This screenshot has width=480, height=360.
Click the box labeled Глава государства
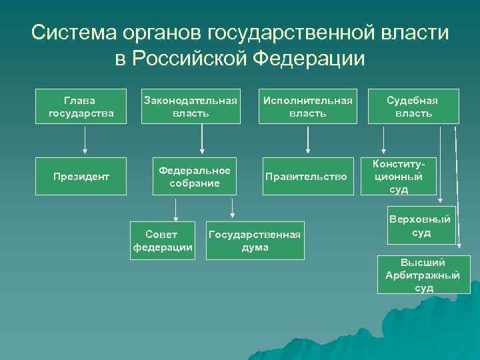[81, 106]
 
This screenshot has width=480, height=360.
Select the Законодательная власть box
[191, 106]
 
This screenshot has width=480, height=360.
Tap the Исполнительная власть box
[307, 106]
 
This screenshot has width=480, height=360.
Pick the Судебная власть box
[413, 106]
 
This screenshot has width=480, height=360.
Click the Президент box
[81, 177]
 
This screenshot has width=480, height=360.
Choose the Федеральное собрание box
[195, 177]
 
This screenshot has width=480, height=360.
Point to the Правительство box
[306, 177]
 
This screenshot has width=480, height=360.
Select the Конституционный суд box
[399, 177]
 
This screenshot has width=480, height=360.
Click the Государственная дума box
[255, 241]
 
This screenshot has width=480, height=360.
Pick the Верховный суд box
[421, 227]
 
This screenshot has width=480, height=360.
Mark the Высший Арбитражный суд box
[423, 275]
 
